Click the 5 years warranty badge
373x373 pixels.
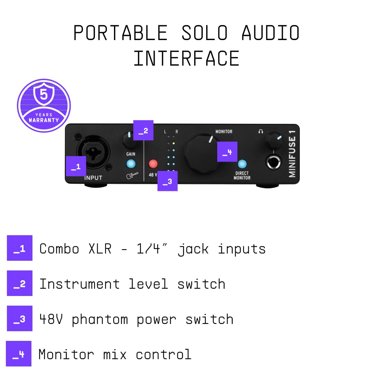(44, 106)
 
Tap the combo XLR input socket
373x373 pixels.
(93, 152)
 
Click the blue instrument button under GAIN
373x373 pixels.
(131, 164)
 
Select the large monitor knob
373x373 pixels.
(202, 154)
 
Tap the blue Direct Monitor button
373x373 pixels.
(242, 164)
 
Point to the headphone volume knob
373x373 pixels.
(274, 140)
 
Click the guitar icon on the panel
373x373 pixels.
(132, 175)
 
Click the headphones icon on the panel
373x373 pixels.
(261, 132)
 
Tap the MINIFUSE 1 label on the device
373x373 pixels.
(292, 156)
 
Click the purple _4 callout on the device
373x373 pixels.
(227, 152)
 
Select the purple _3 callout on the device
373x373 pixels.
(168, 181)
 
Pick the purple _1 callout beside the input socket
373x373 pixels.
(76, 166)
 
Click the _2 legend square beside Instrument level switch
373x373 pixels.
(20, 283)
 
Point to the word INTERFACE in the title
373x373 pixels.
(186, 58)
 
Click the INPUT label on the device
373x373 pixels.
(93, 178)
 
